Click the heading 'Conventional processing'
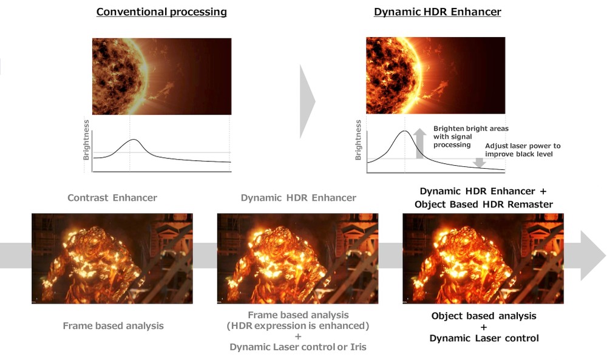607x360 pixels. click(x=161, y=12)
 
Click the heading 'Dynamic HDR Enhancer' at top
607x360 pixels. click(x=438, y=12)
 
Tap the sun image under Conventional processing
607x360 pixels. click(x=162, y=76)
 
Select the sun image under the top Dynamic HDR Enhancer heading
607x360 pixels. click(x=435, y=75)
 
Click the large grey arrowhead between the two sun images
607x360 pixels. click(x=307, y=101)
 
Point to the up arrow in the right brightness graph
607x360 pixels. click(x=419, y=144)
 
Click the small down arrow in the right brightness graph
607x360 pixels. click(x=480, y=163)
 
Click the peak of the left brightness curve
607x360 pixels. click(x=134, y=140)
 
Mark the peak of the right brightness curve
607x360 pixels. click(x=404, y=131)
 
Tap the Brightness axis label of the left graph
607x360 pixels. click(x=86, y=140)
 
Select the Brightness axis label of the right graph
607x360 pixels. click(x=358, y=140)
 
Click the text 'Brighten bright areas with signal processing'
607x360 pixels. click(x=471, y=137)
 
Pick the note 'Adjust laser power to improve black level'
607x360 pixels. click(x=523, y=150)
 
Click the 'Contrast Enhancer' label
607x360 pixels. click(x=112, y=198)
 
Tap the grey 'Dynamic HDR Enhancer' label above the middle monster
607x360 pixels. click(x=299, y=198)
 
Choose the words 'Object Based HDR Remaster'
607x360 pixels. click(x=484, y=204)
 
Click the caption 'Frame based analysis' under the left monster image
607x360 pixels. click(x=113, y=325)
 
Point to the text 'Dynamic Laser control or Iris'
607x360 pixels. click(x=298, y=347)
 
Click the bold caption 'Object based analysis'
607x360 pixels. click(x=484, y=316)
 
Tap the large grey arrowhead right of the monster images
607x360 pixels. click(x=592, y=256)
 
